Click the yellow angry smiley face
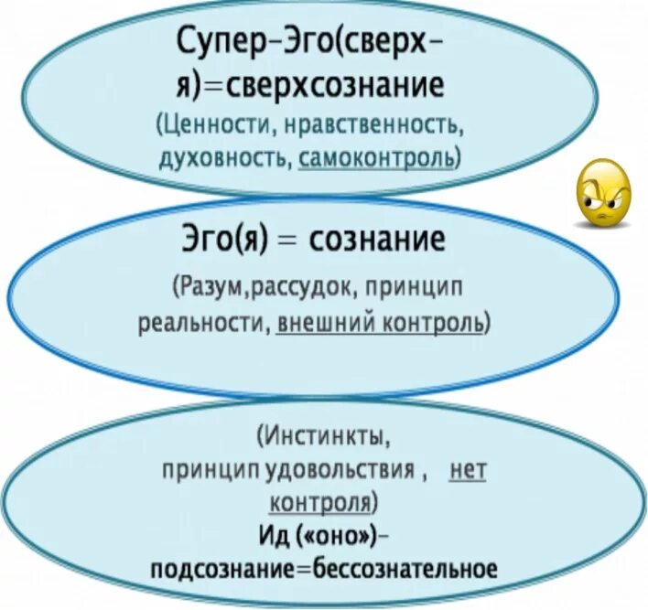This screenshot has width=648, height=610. click(x=602, y=194)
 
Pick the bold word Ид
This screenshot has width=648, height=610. click(x=271, y=534)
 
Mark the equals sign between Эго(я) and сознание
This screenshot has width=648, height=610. click(x=293, y=242)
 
